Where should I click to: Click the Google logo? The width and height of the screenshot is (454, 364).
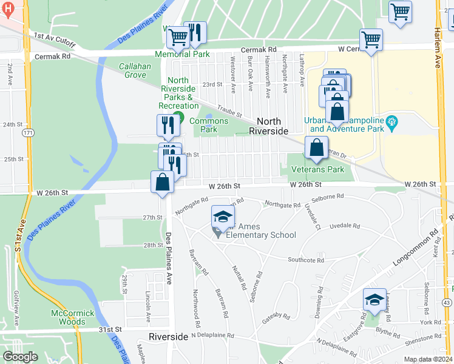click(20, 357)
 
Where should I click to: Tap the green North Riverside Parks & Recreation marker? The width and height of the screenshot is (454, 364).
click(178, 117)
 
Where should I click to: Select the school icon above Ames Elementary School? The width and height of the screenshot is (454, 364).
click(223, 217)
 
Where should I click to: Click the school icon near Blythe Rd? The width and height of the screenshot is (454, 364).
click(374, 300)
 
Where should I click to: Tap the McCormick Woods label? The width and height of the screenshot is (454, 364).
click(73, 317)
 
